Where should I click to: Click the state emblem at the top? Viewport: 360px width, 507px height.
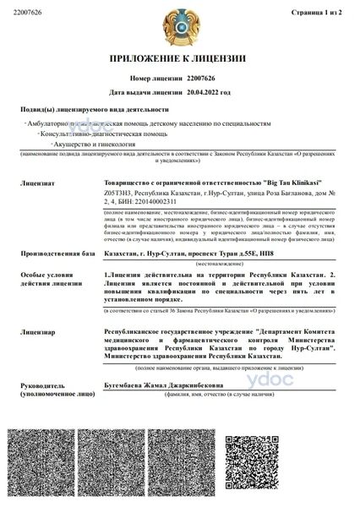[180, 25]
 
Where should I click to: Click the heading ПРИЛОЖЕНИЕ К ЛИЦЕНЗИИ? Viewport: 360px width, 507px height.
[179, 59]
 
